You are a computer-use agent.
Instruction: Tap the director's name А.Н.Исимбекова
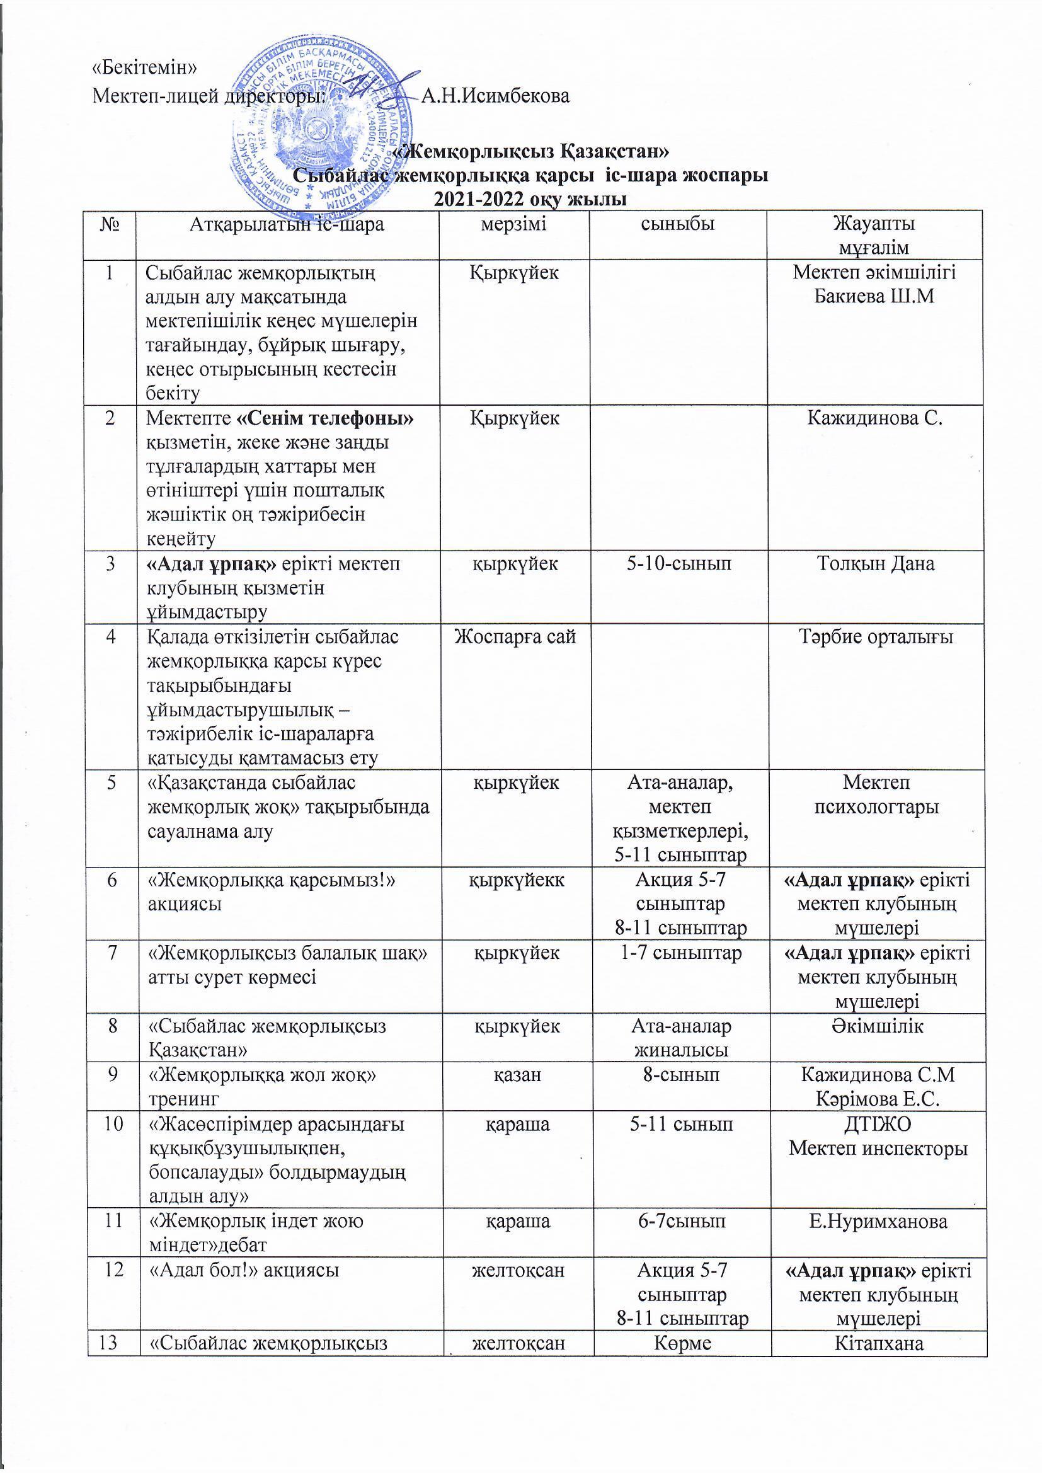pyautogui.click(x=495, y=96)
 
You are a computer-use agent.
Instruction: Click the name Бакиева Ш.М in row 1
pyautogui.click(x=873, y=297)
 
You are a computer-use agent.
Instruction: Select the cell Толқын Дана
pyautogui.click(x=875, y=564)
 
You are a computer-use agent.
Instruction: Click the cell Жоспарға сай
pyautogui.click(x=515, y=637)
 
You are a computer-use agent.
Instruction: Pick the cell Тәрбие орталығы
pyautogui.click(x=875, y=637)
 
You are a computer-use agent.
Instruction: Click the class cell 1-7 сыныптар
pyautogui.click(x=681, y=953)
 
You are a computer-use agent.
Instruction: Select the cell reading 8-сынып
pyautogui.click(x=680, y=1075)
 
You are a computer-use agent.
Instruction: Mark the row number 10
pyautogui.click(x=112, y=1124)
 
